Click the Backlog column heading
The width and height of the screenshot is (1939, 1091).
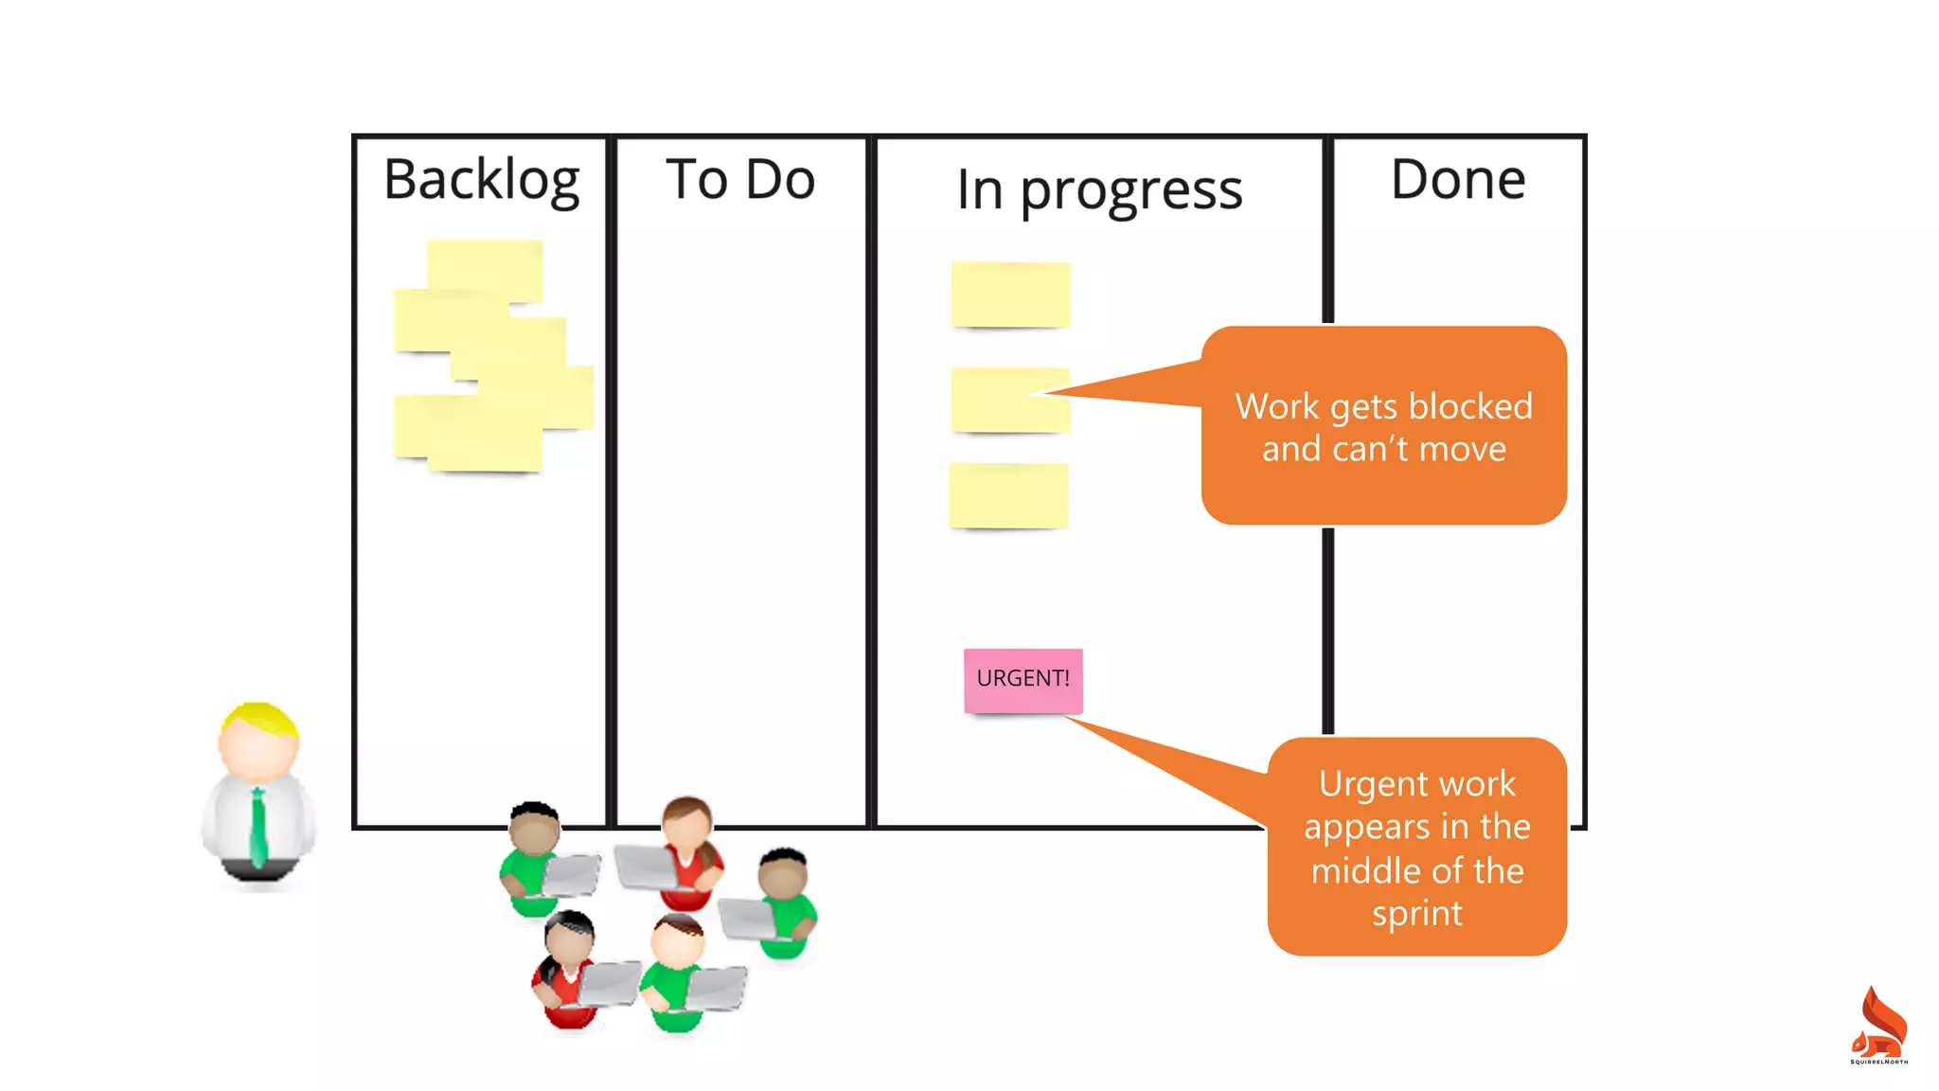point(481,180)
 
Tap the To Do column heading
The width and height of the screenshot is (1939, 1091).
point(740,179)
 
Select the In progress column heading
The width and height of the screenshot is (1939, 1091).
point(1099,190)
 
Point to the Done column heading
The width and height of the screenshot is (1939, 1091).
point(1458,179)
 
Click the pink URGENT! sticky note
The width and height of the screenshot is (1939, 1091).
point(1023,679)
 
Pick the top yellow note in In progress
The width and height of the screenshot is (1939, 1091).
point(1010,295)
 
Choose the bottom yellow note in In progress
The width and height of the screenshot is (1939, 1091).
point(1008,495)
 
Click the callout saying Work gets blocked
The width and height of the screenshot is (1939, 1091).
point(1383,426)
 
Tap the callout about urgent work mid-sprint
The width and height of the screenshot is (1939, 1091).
point(1416,847)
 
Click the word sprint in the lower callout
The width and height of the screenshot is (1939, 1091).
point(1417,914)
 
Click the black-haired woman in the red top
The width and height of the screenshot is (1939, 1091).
point(568,966)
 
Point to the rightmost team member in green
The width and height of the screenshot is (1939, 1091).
point(785,900)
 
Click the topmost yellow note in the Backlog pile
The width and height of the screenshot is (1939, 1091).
point(485,267)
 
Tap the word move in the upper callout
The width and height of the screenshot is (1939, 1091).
point(1462,449)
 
